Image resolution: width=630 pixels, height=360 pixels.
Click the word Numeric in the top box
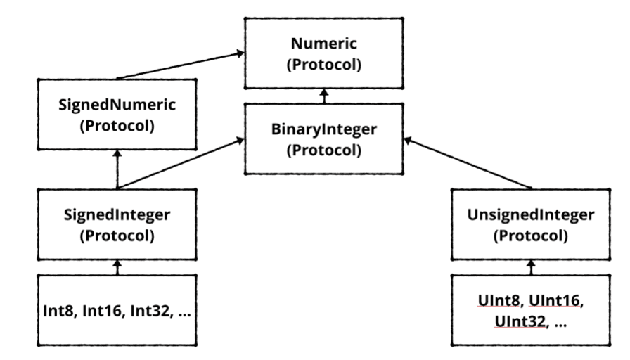324,44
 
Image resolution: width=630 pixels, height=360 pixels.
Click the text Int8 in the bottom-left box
56,309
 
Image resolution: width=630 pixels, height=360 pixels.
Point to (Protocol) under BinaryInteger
324,150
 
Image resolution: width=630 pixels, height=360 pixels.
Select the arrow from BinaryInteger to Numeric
324,96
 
